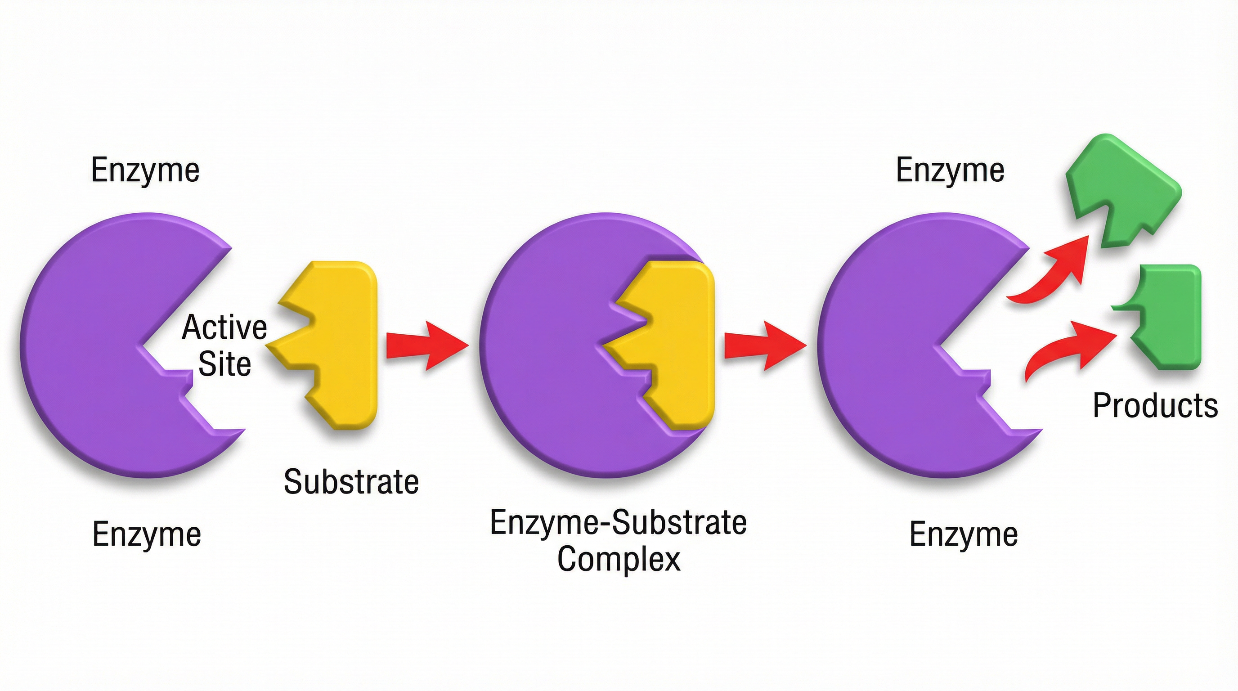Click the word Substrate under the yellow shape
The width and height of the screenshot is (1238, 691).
click(x=351, y=482)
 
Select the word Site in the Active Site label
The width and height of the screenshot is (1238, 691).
click(x=224, y=364)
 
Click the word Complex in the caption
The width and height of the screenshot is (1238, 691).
click(x=619, y=559)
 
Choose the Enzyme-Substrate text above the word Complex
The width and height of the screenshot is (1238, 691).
click(x=618, y=522)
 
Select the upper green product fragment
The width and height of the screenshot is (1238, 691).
click(x=1120, y=192)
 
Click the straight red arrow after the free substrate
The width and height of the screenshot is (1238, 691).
click(x=425, y=345)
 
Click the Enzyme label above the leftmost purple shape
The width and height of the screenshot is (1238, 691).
click(x=145, y=170)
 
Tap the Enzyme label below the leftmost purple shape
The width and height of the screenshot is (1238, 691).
click(x=147, y=534)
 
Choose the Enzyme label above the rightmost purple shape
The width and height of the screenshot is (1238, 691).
click(x=950, y=170)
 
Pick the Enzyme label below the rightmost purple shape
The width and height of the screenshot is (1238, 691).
click(x=964, y=534)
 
